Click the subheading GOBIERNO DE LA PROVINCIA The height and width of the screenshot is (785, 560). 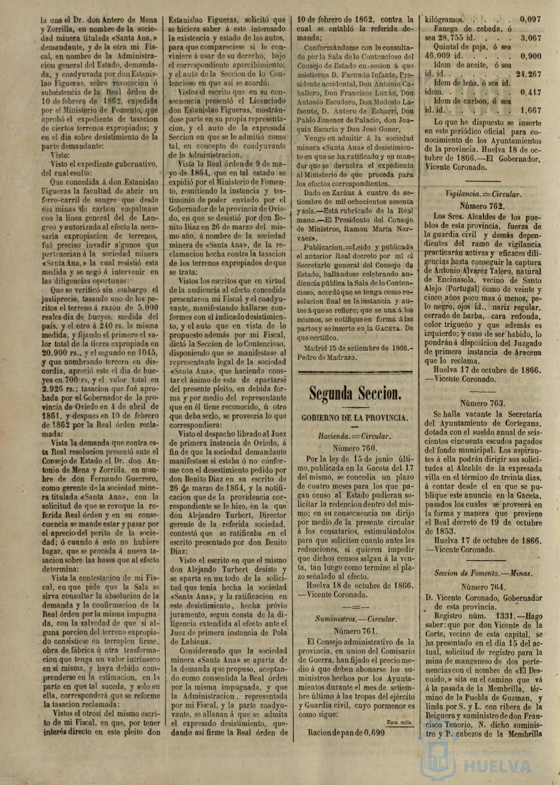pyautogui.click(x=355, y=418)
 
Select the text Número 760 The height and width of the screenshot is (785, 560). pyautogui.click(x=355, y=448)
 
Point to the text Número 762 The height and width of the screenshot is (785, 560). pyautogui.click(x=482, y=206)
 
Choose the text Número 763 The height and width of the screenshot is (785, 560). pyautogui.click(x=482, y=403)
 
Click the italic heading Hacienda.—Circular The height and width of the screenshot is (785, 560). pyautogui.click(x=355, y=436)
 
